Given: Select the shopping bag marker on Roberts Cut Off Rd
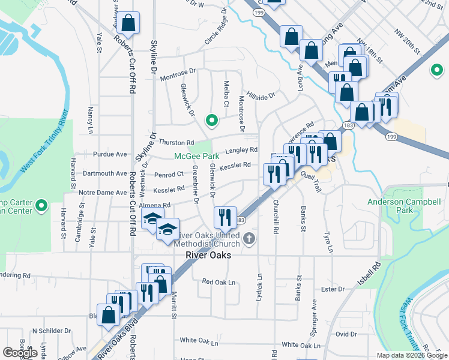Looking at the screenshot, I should (128, 24).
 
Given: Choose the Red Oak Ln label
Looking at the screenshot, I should (218, 281).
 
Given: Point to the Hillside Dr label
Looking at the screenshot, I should (262, 96).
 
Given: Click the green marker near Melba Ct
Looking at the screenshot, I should (211, 121).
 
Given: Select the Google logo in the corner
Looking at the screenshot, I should (20, 353).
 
